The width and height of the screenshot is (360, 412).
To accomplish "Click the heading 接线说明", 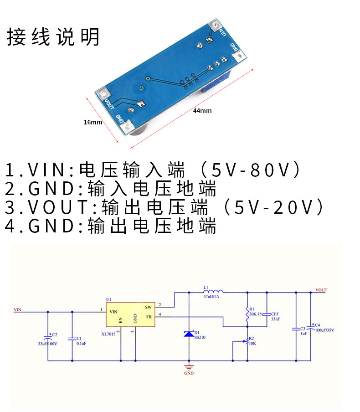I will tap(53, 37).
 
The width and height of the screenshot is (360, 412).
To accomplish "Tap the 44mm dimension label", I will tap(202, 111).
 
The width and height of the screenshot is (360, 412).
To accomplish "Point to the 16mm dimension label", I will tap(93, 122).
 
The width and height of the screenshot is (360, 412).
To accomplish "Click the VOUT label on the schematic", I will tap(321, 290).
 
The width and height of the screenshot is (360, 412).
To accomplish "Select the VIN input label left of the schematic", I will tap(17, 310).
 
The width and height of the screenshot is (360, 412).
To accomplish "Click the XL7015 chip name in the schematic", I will tap(109, 334).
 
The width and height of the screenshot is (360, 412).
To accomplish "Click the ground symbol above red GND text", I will tap(188, 366).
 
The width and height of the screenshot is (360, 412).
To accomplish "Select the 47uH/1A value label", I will tap(211, 297).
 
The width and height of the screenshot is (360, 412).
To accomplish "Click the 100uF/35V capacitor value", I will tap(325, 330).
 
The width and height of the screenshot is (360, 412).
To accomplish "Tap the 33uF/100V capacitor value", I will tap(48, 344).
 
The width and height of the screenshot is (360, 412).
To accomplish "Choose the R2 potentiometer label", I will tap(252, 338).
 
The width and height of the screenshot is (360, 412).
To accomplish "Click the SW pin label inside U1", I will tap(148, 307).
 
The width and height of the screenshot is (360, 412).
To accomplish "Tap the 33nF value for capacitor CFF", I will tap(275, 319).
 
